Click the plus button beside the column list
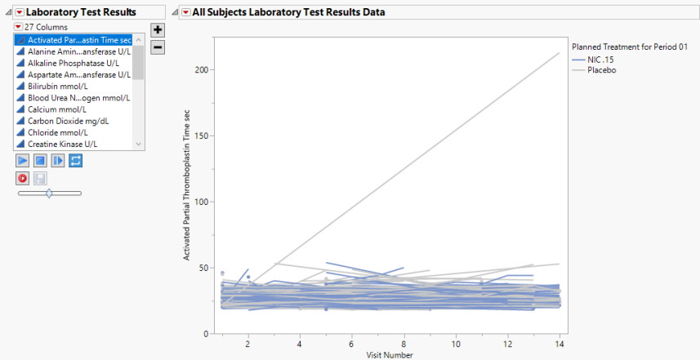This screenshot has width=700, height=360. (158, 29)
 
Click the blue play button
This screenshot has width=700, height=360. (23, 161)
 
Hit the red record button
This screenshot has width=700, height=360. (23, 177)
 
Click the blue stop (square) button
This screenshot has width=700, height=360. (40, 161)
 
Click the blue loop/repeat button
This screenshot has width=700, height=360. (74, 161)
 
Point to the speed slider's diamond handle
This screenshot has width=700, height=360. (49, 193)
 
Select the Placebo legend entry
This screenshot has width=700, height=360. (603, 70)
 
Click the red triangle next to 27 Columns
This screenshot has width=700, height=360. (18, 27)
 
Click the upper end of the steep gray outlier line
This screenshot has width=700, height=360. (559, 54)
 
